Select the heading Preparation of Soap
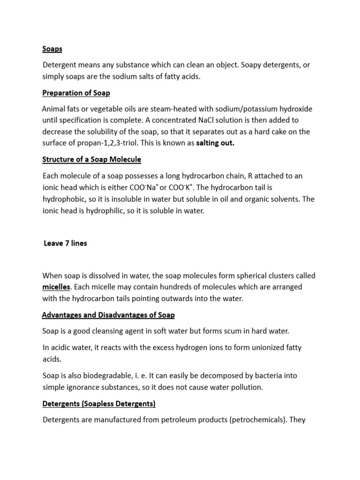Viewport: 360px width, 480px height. tap(76, 93)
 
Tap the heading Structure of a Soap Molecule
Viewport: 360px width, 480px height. tap(91, 159)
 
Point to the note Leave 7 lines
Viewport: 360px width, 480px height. tap(65, 243)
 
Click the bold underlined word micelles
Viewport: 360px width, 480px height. tap(56, 286)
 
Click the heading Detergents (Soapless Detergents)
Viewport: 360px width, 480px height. tap(99, 403)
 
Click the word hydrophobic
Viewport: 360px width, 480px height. tap(67, 199)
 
